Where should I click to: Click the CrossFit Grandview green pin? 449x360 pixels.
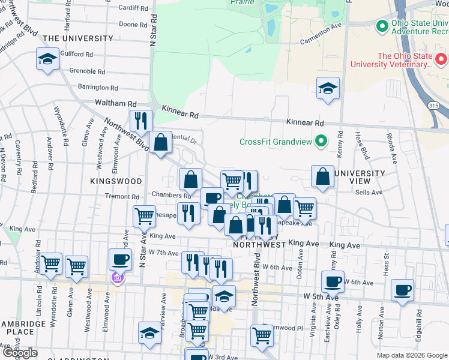tap(322, 142)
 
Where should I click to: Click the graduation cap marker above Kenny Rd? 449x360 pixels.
tap(328, 88)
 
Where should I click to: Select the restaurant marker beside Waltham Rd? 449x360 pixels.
tap(141, 121)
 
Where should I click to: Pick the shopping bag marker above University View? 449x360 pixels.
tap(322, 176)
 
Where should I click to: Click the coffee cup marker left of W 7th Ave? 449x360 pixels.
tap(120, 259)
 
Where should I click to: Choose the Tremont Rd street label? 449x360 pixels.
tap(122, 196)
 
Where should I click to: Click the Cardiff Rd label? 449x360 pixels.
tap(133, 8)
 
